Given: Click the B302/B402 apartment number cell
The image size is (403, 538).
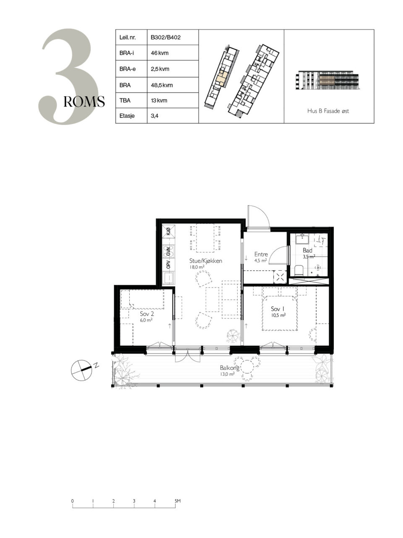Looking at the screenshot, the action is [166, 37].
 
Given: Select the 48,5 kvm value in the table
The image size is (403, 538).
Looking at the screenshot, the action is [162, 85].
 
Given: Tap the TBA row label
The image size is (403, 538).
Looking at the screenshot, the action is [125, 100].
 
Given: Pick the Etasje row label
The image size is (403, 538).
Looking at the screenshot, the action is [127, 116].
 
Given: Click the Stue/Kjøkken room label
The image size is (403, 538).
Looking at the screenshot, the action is [206, 261].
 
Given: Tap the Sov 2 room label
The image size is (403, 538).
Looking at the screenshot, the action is [147, 314].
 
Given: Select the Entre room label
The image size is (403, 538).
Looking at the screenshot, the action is [261, 254].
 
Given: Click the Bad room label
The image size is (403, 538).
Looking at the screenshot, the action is [307, 251].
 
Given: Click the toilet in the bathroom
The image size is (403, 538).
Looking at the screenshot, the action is [299, 270].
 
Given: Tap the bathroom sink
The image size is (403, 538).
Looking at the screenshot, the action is [302, 239].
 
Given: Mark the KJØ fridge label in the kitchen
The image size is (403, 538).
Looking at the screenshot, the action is [169, 231].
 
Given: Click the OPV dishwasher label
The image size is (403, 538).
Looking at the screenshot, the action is [169, 264].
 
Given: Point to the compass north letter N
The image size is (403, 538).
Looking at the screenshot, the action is [97, 365].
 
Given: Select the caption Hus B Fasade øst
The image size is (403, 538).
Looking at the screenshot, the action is [328, 111].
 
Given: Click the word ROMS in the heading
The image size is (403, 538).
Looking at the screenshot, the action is [84, 101].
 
